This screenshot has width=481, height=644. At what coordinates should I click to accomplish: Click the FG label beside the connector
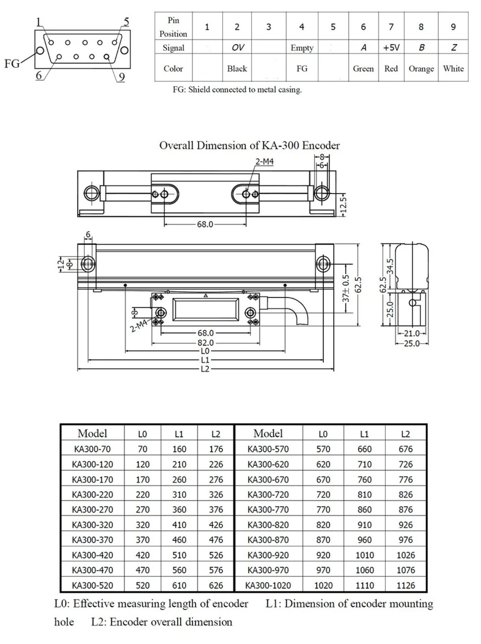(x=12, y=63)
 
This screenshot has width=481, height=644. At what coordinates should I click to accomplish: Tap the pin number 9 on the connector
(x=122, y=77)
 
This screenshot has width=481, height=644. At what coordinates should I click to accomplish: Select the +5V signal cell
(x=391, y=47)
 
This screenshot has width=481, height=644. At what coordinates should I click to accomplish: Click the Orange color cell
(x=421, y=69)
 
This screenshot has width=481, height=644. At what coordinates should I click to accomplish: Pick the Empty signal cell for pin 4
(x=302, y=48)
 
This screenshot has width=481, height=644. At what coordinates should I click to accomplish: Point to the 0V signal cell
(x=238, y=47)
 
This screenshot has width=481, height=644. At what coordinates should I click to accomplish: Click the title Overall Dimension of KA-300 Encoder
(x=249, y=145)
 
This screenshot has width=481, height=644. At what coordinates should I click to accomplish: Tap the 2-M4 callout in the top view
(x=264, y=162)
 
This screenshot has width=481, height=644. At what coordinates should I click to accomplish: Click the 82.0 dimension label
(x=205, y=342)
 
